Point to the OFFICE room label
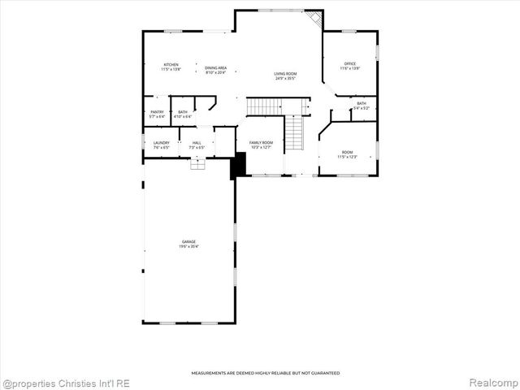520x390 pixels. point(350,65)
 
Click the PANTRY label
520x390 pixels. point(157,114)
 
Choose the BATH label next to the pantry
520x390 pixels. point(183,114)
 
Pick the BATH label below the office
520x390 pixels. point(361,105)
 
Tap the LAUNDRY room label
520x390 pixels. point(161,145)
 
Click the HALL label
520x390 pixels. point(197,145)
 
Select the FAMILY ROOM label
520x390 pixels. point(261,145)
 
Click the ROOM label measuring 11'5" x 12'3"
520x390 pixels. point(347,154)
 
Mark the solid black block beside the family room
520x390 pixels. point(238,166)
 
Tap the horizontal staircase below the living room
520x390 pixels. point(275,106)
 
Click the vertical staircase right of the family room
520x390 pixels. point(293,133)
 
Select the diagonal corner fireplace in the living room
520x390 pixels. point(314,18)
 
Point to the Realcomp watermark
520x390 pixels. point(492,382)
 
